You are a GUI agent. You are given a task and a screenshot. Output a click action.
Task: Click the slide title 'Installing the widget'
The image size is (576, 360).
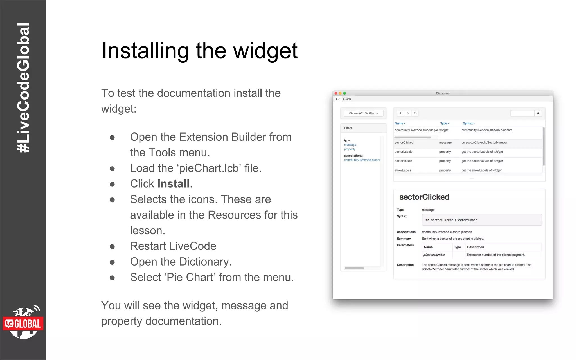coord(199,51)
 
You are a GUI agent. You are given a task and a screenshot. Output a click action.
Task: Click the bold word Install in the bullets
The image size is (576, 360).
coord(173,184)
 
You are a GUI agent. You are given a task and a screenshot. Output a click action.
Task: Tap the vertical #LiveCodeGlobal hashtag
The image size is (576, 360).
coord(23,88)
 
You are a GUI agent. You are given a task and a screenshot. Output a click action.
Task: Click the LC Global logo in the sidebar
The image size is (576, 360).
coord(23,323)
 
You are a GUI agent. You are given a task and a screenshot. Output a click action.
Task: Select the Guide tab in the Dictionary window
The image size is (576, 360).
coord(347,99)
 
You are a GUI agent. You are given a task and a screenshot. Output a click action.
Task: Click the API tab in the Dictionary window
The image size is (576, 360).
coord(338,99)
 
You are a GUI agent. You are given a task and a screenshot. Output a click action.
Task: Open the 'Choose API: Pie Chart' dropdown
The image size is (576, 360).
coord(363,113)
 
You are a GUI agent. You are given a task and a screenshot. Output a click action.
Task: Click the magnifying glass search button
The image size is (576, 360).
coord(538,113)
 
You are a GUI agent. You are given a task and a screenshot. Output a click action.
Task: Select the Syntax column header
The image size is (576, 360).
coord(469,123)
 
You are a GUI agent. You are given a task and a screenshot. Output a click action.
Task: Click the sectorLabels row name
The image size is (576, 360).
coord(403,152)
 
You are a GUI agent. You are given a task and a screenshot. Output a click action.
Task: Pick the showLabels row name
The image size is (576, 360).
coord(403,170)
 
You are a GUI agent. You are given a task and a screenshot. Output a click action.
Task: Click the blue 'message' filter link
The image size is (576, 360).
coord(350,145)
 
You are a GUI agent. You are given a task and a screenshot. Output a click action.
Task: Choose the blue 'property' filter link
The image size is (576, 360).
coord(349,149)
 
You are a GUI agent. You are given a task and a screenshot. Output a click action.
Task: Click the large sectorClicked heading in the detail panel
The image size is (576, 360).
coord(424,197)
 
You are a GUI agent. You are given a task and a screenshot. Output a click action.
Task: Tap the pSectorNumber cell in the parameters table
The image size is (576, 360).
coord(434,255)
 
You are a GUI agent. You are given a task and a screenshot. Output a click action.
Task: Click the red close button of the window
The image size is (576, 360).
coord(336,93)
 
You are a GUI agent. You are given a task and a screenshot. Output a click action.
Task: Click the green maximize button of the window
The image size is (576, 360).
coord(345,93)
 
